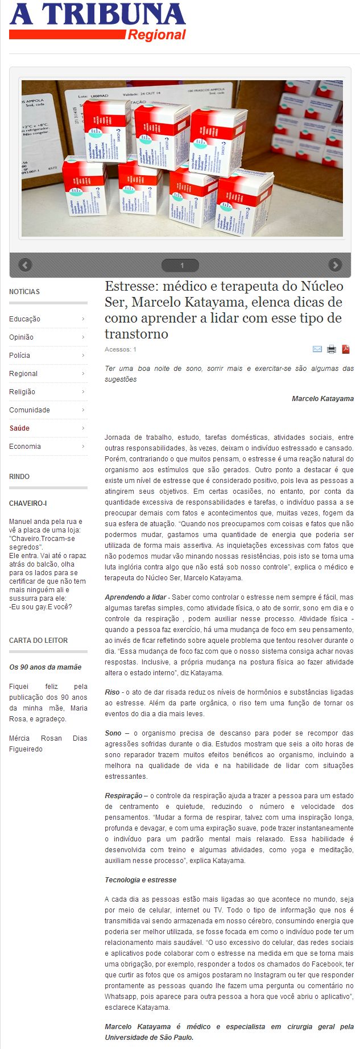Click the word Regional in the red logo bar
[x=157, y=35]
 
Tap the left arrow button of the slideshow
[x=25, y=265]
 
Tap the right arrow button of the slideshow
[x=336, y=265]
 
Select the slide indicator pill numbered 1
[x=181, y=266]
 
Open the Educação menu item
[x=25, y=319]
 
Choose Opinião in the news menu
[x=22, y=337]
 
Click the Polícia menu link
[x=20, y=356]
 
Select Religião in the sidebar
[x=22, y=392]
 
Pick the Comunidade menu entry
[x=30, y=410]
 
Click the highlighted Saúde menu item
[x=19, y=428]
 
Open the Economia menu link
[x=25, y=447]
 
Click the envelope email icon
[x=317, y=349]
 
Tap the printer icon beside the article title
[x=332, y=349]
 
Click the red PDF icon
[x=345, y=349]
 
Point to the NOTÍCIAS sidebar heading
[x=24, y=292]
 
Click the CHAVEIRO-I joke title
[x=28, y=503]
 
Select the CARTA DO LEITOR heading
[x=38, y=641]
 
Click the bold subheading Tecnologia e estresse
[x=140, y=880]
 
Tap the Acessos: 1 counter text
[x=121, y=349]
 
